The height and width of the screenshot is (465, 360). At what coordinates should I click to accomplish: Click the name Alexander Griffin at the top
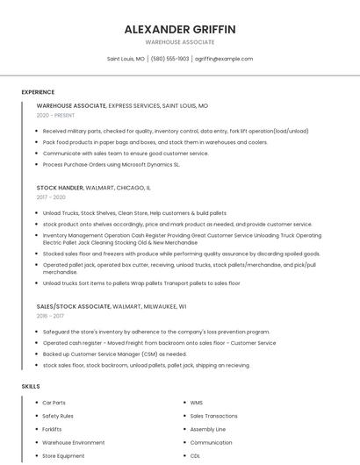[180, 29]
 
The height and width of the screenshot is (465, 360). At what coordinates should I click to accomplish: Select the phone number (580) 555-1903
[169, 59]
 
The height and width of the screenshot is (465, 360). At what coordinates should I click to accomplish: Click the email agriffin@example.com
[224, 59]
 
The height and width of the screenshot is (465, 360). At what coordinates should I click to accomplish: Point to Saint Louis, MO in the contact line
[126, 59]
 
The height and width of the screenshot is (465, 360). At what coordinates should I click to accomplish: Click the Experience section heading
[38, 92]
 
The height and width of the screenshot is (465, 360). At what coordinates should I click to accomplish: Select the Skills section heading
[31, 386]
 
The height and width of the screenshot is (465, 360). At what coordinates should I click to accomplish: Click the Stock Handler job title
[60, 188]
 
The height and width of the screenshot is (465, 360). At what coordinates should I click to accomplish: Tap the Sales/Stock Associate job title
[74, 307]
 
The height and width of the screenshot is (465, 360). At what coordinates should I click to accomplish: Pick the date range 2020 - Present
[55, 115]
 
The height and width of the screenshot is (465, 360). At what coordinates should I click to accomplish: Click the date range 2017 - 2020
[51, 197]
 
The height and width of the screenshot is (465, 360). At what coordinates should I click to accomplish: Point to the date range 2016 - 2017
[50, 317]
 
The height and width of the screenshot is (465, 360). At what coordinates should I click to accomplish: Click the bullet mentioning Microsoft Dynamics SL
[111, 164]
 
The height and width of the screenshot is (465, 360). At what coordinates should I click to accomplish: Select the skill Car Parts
[54, 403]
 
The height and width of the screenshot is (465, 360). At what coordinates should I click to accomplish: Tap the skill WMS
[197, 403]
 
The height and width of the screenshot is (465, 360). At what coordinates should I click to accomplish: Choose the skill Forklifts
[52, 429]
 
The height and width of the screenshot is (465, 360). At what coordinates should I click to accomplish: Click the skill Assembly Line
[207, 429]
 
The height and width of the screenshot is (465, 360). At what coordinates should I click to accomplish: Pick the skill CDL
[195, 456]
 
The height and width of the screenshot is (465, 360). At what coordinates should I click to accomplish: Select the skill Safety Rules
[58, 416]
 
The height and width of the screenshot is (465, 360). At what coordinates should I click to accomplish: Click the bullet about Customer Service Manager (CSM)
[113, 354]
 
